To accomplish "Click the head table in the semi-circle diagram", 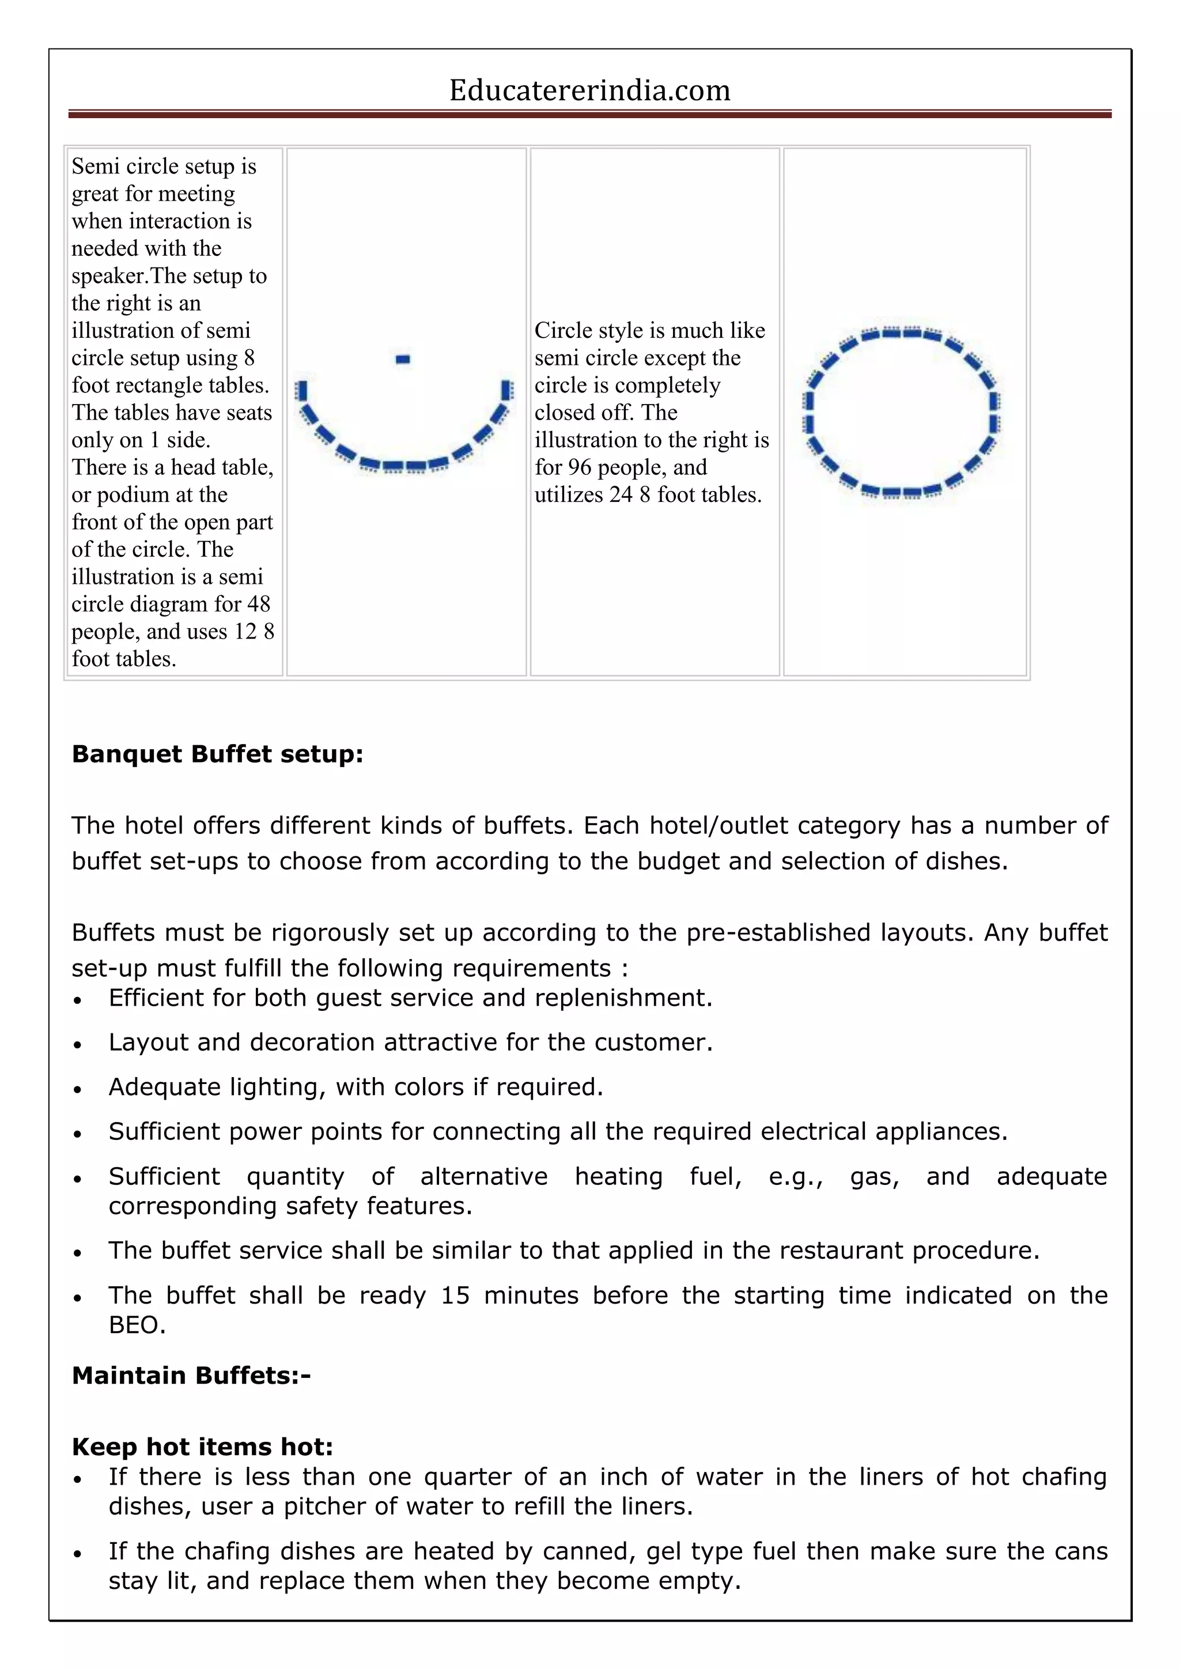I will click(403, 359).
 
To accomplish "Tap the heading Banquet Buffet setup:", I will click(217, 754).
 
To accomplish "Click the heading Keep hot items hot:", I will click(202, 1446).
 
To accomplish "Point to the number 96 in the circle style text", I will click(580, 467).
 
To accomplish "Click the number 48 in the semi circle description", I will click(259, 604).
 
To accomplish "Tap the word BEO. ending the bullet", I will click(137, 1324).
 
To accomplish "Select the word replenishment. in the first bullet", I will click(623, 998).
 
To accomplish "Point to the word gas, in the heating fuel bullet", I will click(874, 1176).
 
